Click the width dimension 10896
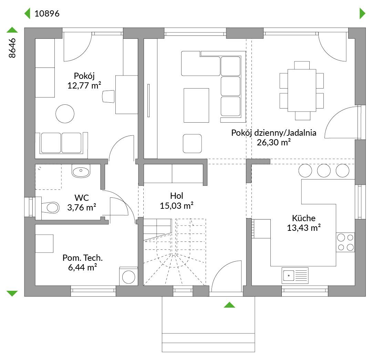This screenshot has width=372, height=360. pos(47,13)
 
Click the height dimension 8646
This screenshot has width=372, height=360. pos(12,48)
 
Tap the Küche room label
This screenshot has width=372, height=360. pos(304,218)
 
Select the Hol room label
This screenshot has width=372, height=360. pos(176,196)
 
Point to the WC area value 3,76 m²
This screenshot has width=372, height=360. pos(82,207)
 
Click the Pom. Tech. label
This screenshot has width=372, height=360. pos(83,258)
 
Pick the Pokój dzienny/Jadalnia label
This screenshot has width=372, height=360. pos(273,133)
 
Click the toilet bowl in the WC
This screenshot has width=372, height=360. pos(50,208)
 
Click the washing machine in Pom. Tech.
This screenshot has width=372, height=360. pos(128,276)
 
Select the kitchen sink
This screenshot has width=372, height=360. pos(295,276)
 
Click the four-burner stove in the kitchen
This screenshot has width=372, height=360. pos(345,242)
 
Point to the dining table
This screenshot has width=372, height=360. pos(302,90)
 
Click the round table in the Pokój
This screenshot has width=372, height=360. pos(65,114)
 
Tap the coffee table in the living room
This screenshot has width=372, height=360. pos(196,105)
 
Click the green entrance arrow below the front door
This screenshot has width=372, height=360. pos(229,305)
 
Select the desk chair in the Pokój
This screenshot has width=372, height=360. pos(108,96)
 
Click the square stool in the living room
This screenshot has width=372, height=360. pos(192,143)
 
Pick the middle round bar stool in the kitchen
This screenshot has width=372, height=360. pos(324,171)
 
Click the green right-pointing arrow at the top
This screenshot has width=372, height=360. pos(362,13)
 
